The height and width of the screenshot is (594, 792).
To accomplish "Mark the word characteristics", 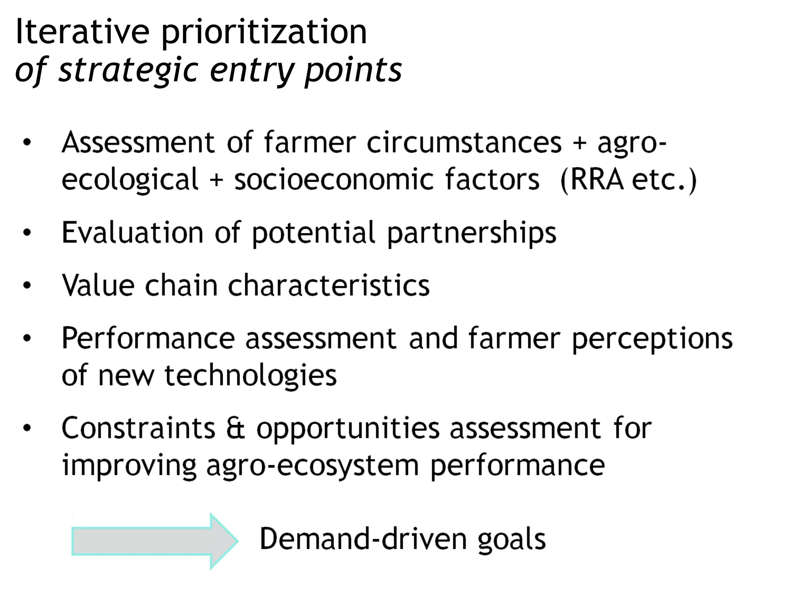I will [x=329, y=285].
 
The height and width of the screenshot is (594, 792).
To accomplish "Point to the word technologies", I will [x=251, y=376].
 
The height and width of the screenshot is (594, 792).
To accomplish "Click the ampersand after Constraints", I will [x=236, y=428].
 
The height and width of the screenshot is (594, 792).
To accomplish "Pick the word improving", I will [x=129, y=466].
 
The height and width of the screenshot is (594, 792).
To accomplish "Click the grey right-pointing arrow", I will [x=155, y=541].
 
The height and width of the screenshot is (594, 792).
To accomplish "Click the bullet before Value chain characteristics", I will [x=27, y=286].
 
